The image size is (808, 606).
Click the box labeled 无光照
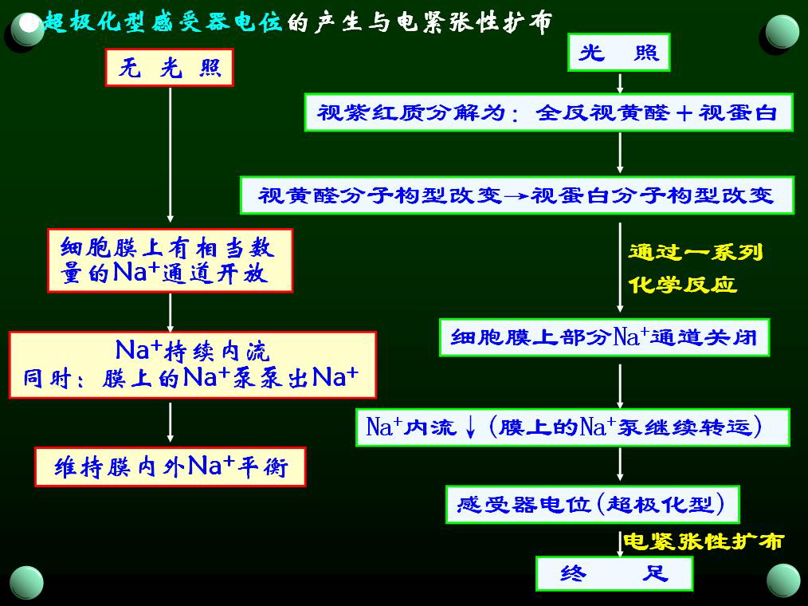click(x=169, y=68)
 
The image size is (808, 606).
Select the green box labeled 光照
click(x=619, y=53)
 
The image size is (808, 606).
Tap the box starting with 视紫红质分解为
click(x=548, y=112)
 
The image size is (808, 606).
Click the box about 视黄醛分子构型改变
click(x=516, y=195)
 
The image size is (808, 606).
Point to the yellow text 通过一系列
click(x=695, y=253)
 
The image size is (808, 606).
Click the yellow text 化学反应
click(x=682, y=285)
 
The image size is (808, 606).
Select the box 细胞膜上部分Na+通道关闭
click(x=604, y=337)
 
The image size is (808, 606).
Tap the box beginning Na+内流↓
click(x=572, y=427)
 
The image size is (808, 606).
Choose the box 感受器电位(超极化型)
click(x=592, y=504)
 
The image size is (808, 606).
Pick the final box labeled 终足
click(x=614, y=573)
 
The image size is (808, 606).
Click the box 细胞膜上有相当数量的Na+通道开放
click(x=170, y=261)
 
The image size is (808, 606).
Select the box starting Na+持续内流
click(x=192, y=364)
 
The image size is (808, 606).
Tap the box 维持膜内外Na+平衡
click(x=170, y=466)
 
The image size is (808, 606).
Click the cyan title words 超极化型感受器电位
click(x=163, y=22)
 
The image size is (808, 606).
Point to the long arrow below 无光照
click(x=170, y=155)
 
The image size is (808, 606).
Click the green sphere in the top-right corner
click(x=783, y=31)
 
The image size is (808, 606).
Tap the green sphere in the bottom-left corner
click(x=27, y=581)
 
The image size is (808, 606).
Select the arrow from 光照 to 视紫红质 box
click(x=620, y=83)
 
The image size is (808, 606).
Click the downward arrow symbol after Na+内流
click(x=470, y=427)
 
